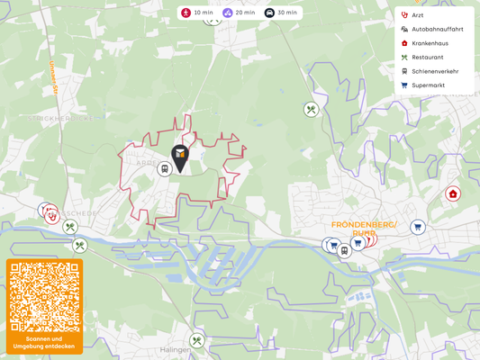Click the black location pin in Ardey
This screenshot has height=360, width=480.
[x=180, y=157]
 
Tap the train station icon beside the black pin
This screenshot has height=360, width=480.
[x=164, y=169]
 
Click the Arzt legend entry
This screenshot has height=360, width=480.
[x=418, y=15]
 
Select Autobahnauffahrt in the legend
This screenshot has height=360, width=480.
[x=437, y=29]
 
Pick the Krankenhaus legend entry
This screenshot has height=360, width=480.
[x=430, y=43]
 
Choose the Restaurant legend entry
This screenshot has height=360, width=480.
[x=427, y=57]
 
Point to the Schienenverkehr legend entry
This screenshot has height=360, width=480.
[x=434, y=71]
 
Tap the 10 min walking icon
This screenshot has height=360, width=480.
[x=186, y=13]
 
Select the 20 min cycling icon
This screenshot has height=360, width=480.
[x=228, y=13]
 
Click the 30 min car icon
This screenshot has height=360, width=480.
[x=269, y=13]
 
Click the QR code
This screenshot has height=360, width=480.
[x=44, y=297]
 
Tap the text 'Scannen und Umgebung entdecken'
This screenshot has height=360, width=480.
[x=44, y=342]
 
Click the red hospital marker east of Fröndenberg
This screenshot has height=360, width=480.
[x=453, y=193]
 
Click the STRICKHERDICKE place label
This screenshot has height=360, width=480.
[x=66, y=118]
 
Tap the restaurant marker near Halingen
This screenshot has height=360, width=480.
[x=197, y=341]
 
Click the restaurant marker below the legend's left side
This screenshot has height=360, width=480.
[x=311, y=110]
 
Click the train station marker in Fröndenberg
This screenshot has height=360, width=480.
[x=344, y=251]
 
